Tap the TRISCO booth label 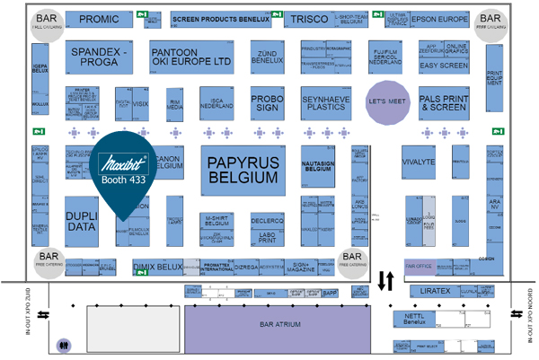pos(307,19)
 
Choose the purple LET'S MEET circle pos(387,101)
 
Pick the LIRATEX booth pos(432,292)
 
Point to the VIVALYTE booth pos(419,164)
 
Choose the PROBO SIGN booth pos(267,103)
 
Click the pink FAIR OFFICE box pos(420,266)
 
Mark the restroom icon pos(63,343)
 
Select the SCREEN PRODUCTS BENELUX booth pos(220,19)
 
